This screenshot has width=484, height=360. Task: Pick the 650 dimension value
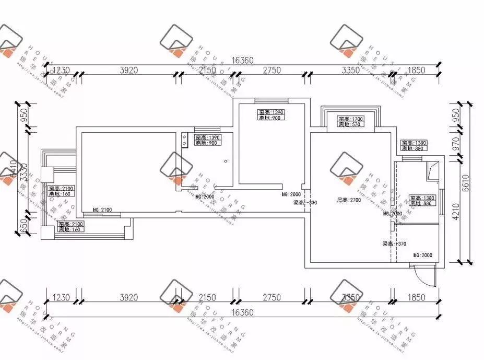click(23, 226)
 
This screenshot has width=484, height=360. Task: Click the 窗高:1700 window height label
click(350, 119)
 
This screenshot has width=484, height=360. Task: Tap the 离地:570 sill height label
click(350, 124)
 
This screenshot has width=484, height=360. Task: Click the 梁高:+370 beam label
click(394, 243)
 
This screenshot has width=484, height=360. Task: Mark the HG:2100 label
click(102, 210)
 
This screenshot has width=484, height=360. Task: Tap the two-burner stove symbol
click(185, 140)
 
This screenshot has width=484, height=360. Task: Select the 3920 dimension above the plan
click(128, 71)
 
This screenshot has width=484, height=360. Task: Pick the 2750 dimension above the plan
click(271, 71)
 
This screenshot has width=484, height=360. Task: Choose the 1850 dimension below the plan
click(415, 297)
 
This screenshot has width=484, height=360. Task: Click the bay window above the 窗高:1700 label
click(350, 111)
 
